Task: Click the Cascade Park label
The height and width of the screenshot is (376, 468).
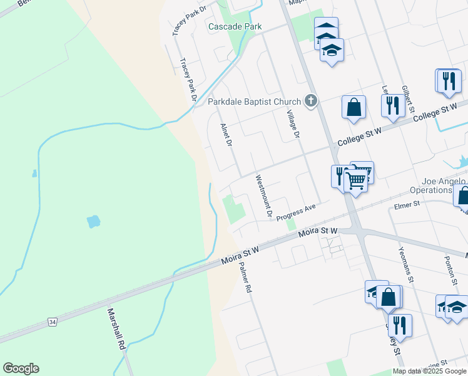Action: (x=235, y=26)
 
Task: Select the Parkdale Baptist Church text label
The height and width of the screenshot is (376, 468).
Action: (x=254, y=102)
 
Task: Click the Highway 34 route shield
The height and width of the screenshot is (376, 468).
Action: (x=53, y=322)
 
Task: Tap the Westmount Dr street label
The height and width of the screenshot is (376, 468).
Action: (x=263, y=196)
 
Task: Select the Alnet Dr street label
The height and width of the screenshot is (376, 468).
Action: (x=226, y=135)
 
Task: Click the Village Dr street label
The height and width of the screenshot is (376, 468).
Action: (x=293, y=123)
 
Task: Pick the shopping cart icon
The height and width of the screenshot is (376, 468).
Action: (x=356, y=180)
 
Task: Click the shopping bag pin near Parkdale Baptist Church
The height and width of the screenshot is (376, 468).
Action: (x=354, y=107)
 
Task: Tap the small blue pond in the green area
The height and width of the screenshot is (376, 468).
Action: (x=93, y=221)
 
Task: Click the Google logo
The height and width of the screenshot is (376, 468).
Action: (x=21, y=368)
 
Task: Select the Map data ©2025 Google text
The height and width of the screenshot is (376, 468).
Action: (x=430, y=371)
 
